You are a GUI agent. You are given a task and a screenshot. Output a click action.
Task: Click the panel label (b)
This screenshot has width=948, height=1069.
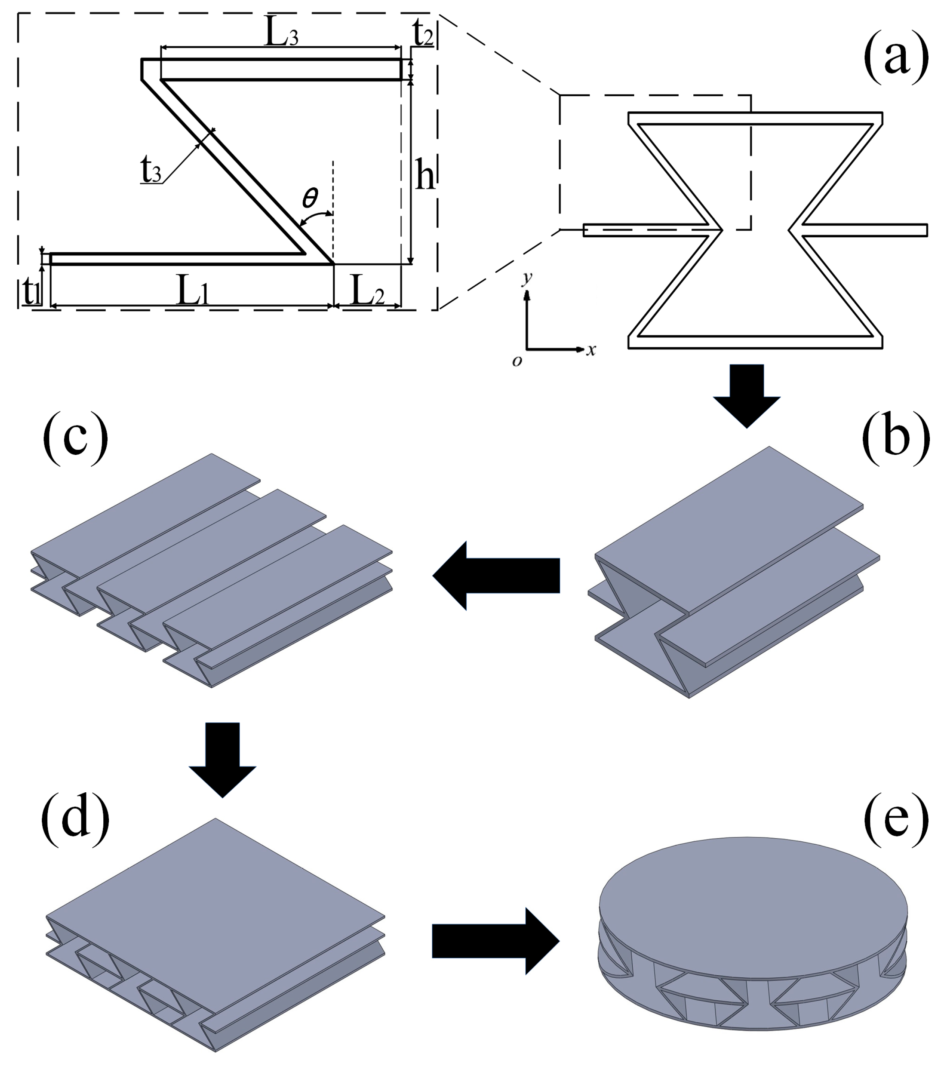tap(895, 438)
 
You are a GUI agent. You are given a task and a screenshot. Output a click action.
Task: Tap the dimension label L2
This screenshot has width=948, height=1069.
tap(368, 291)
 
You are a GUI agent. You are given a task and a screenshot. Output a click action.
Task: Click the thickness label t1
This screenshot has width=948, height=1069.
tap(31, 291)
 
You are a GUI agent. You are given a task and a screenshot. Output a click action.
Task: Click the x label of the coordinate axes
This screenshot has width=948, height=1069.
tap(591, 350)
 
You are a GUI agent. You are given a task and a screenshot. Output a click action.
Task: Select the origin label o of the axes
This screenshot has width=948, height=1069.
tap(516, 361)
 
